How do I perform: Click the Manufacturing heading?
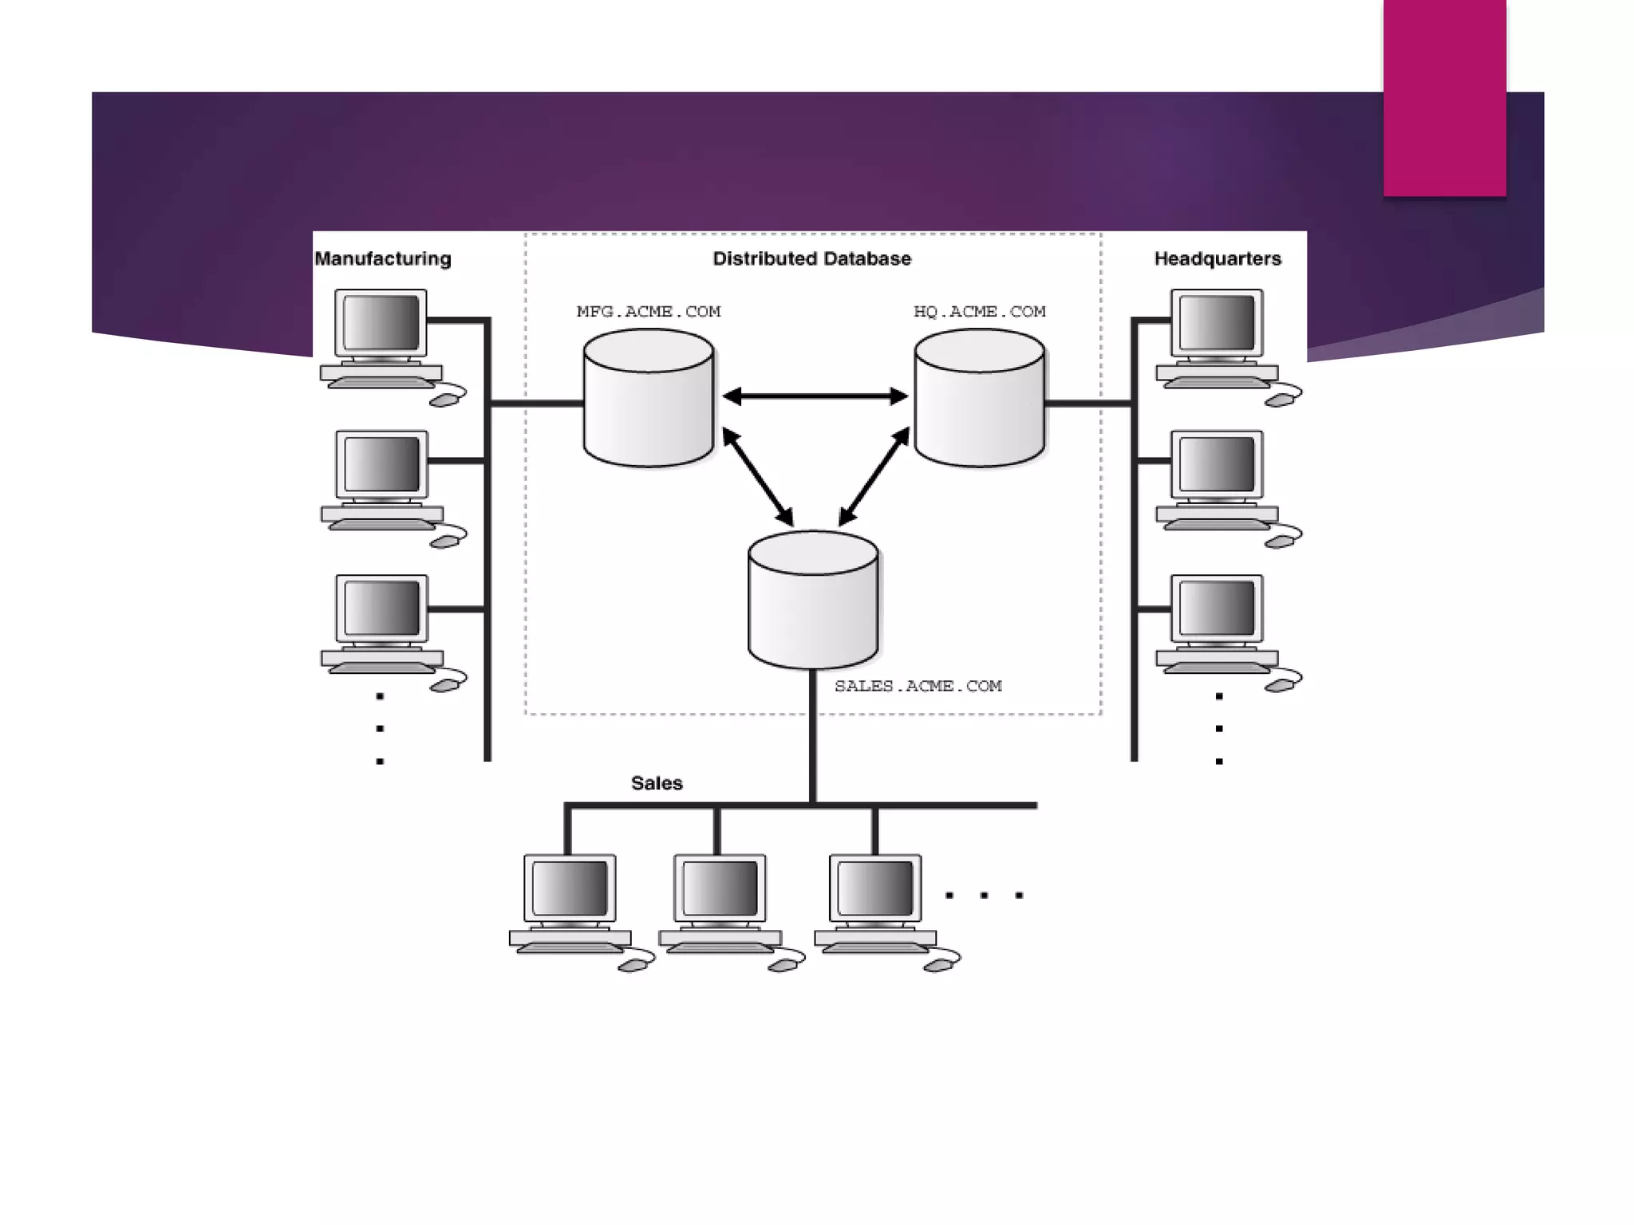[383, 259]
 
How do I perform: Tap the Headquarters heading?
[1218, 259]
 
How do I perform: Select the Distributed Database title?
[811, 259]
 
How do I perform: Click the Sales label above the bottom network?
[657, 783]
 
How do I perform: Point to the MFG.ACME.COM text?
[649, 312]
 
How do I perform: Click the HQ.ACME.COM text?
[980, 312]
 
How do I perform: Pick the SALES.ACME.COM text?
[918, 686]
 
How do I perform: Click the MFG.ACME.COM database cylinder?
[649, 407]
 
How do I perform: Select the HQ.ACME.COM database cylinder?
[980, 407]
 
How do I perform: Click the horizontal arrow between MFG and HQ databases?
[815, 396]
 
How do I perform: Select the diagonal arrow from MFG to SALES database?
[758, 477]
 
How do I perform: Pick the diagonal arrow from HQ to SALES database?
[874, 476]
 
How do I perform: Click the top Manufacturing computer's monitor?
[381, 322]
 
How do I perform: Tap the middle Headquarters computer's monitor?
[1217, 465]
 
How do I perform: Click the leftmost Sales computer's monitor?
[570, 888]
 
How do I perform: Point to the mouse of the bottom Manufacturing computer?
[446, 684]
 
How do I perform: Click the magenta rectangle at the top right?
[1445, 97]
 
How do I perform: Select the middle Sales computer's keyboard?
[720, 947]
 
